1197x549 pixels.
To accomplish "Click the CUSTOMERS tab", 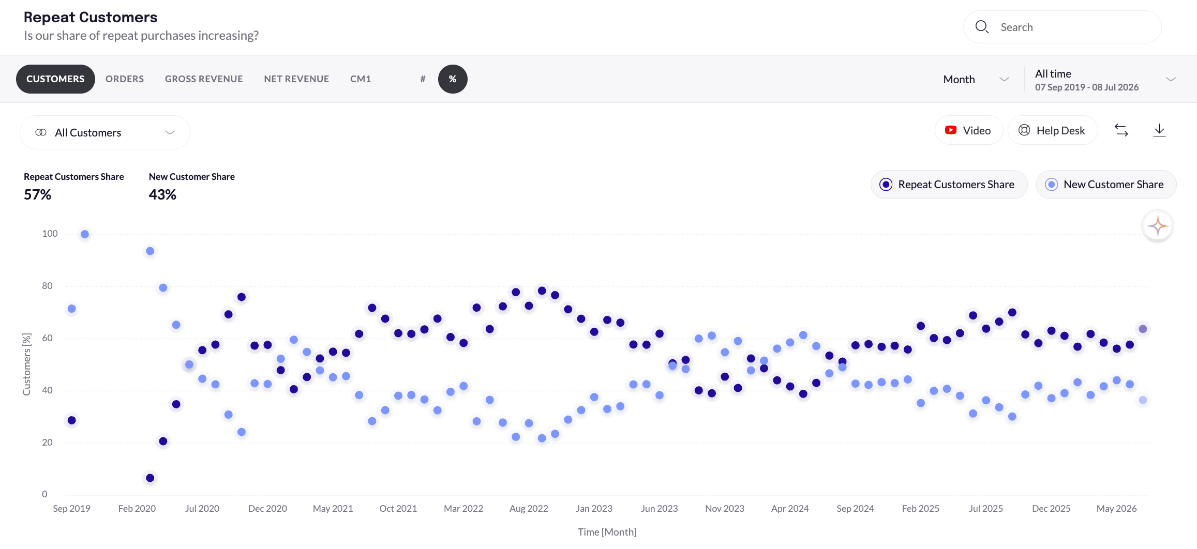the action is [x=55, y=79].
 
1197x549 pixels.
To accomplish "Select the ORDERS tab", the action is [x=125, y=79].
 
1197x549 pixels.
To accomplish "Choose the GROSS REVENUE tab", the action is [x=204, y=79].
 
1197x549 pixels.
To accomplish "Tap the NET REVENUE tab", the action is [x=296, y=79].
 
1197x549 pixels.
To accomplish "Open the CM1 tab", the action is [x=361, y=79].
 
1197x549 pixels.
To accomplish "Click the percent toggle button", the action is [x=453, y=79].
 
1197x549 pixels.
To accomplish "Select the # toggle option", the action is [x=423, y=79].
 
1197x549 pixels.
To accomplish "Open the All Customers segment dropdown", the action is [x=105, y=132].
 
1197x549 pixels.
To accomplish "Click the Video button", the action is [x=968, y=130].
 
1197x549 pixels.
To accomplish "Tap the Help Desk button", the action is [x=1052, y=130].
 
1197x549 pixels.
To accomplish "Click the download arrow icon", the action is [x=1159, y=130].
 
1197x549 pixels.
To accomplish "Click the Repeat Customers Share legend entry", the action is [x=949, y=185].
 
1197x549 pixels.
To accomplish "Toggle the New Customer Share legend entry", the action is [x=1106, y=185].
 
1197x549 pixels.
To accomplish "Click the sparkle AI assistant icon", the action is [x=1158, y=226].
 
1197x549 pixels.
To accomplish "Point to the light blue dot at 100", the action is [x=85, y=234].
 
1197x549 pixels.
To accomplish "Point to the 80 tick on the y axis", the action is [x=47, y=286].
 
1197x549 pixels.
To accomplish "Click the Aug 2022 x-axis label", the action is [x=529, y=509].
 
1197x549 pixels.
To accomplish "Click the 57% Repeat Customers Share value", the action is [x=38, y=195].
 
